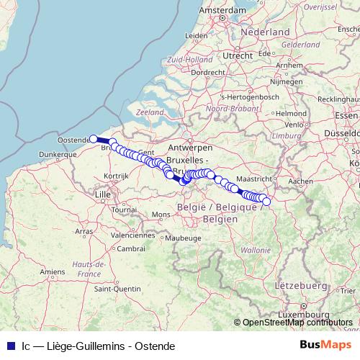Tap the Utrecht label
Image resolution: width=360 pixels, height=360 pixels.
click(x=237, y=55)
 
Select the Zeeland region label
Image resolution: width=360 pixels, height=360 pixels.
click(x=150, y=113)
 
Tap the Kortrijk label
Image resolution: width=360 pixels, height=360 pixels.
click(x=116, y=176)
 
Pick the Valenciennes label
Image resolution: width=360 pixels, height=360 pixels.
click(x=138, y=235)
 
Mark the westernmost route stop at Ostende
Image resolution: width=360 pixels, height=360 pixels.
click(x=93, y=138)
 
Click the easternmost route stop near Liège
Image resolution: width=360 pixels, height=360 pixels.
click(x=266, y=201)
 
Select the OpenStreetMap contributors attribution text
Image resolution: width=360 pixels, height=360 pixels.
click(x=297, y=323)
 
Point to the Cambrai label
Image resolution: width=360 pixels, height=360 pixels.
click(x=132, y=248)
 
